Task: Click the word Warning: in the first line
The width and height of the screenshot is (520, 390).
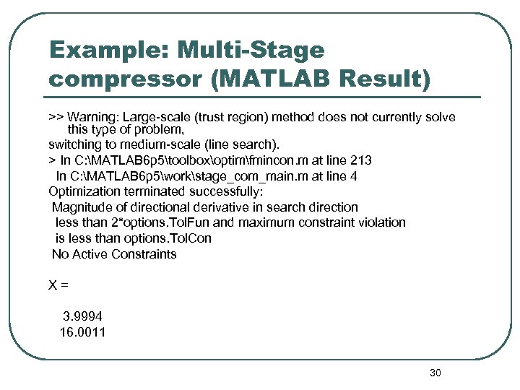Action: tap(93, 117)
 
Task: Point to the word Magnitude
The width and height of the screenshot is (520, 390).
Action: tap(81, 207)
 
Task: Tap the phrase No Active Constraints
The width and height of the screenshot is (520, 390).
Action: tap(114, 254)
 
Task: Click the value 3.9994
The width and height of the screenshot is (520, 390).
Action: tap(82, 316)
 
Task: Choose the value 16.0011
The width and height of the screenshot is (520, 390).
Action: tap(82, 332)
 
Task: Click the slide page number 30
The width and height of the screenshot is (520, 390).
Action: tap(435, 373)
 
